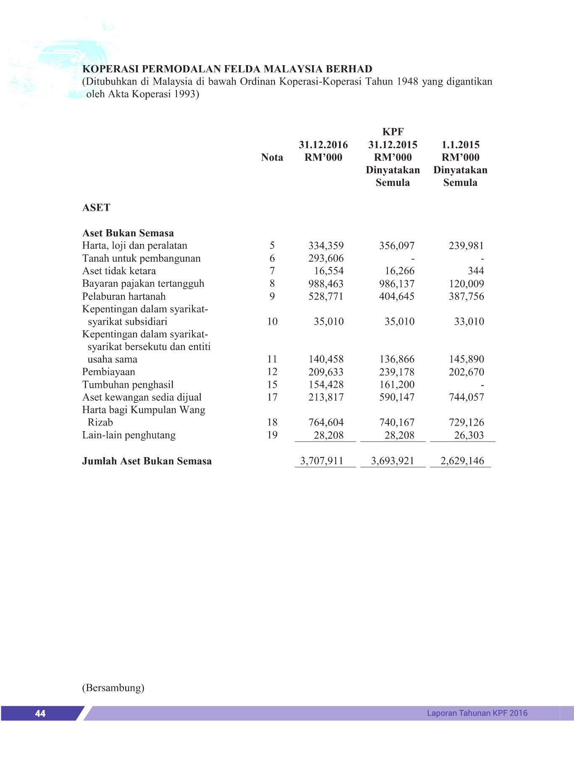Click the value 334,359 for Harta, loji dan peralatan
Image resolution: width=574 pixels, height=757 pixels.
point(326,246)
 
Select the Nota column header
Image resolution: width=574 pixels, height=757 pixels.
point(272,157)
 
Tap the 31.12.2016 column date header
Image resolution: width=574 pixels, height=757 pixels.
point(323,145)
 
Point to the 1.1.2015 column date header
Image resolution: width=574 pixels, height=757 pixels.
point(460,145)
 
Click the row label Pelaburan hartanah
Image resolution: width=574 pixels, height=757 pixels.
point(124,296)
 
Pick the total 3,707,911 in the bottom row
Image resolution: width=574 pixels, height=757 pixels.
point(321,461)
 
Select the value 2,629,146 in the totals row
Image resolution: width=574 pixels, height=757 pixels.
point(462,461)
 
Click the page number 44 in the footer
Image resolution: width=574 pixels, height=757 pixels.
point(40,713)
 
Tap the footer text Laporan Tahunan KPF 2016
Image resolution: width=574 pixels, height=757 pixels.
point(477,713)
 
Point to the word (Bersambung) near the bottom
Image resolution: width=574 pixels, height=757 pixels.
point(113,688)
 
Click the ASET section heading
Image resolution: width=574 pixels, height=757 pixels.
point(96,207)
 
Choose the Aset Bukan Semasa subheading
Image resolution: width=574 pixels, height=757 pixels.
point(128,233)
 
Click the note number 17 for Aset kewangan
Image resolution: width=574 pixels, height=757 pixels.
point(272,397)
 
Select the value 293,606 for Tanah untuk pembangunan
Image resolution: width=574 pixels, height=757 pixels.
point(326,258)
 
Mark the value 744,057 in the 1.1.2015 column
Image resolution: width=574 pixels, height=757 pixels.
point(466,397)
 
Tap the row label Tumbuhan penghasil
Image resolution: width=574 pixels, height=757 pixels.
point(128,384)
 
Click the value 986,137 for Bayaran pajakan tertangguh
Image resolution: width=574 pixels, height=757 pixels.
point(397,283)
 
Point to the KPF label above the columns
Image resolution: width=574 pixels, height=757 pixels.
point(392,132)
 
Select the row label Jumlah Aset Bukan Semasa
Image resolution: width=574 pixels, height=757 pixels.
point(147,461)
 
